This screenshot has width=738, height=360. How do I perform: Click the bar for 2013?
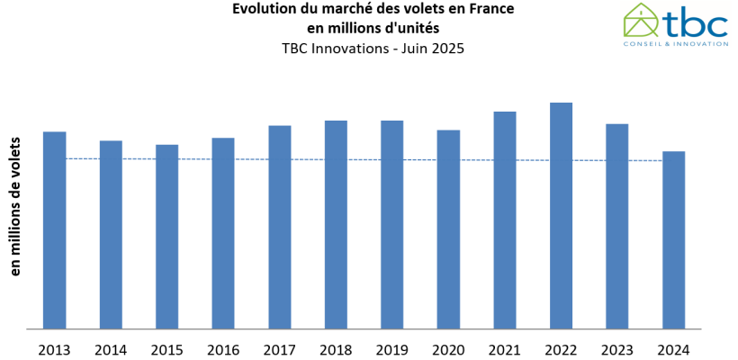54,230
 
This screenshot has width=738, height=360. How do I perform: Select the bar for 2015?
166,237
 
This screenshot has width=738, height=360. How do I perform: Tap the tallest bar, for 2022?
561,216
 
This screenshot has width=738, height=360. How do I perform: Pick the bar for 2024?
673,240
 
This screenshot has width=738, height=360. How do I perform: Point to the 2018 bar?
336,225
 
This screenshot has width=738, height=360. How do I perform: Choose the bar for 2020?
448,229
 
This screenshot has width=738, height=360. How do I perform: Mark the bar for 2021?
504,220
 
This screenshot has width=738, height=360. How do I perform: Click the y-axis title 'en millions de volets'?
15,206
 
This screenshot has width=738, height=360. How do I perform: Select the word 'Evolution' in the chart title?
262,9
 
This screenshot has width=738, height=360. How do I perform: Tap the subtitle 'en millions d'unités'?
373,29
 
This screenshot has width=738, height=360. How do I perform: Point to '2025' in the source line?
448,49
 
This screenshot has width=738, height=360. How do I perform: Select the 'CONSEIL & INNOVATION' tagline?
676,43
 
